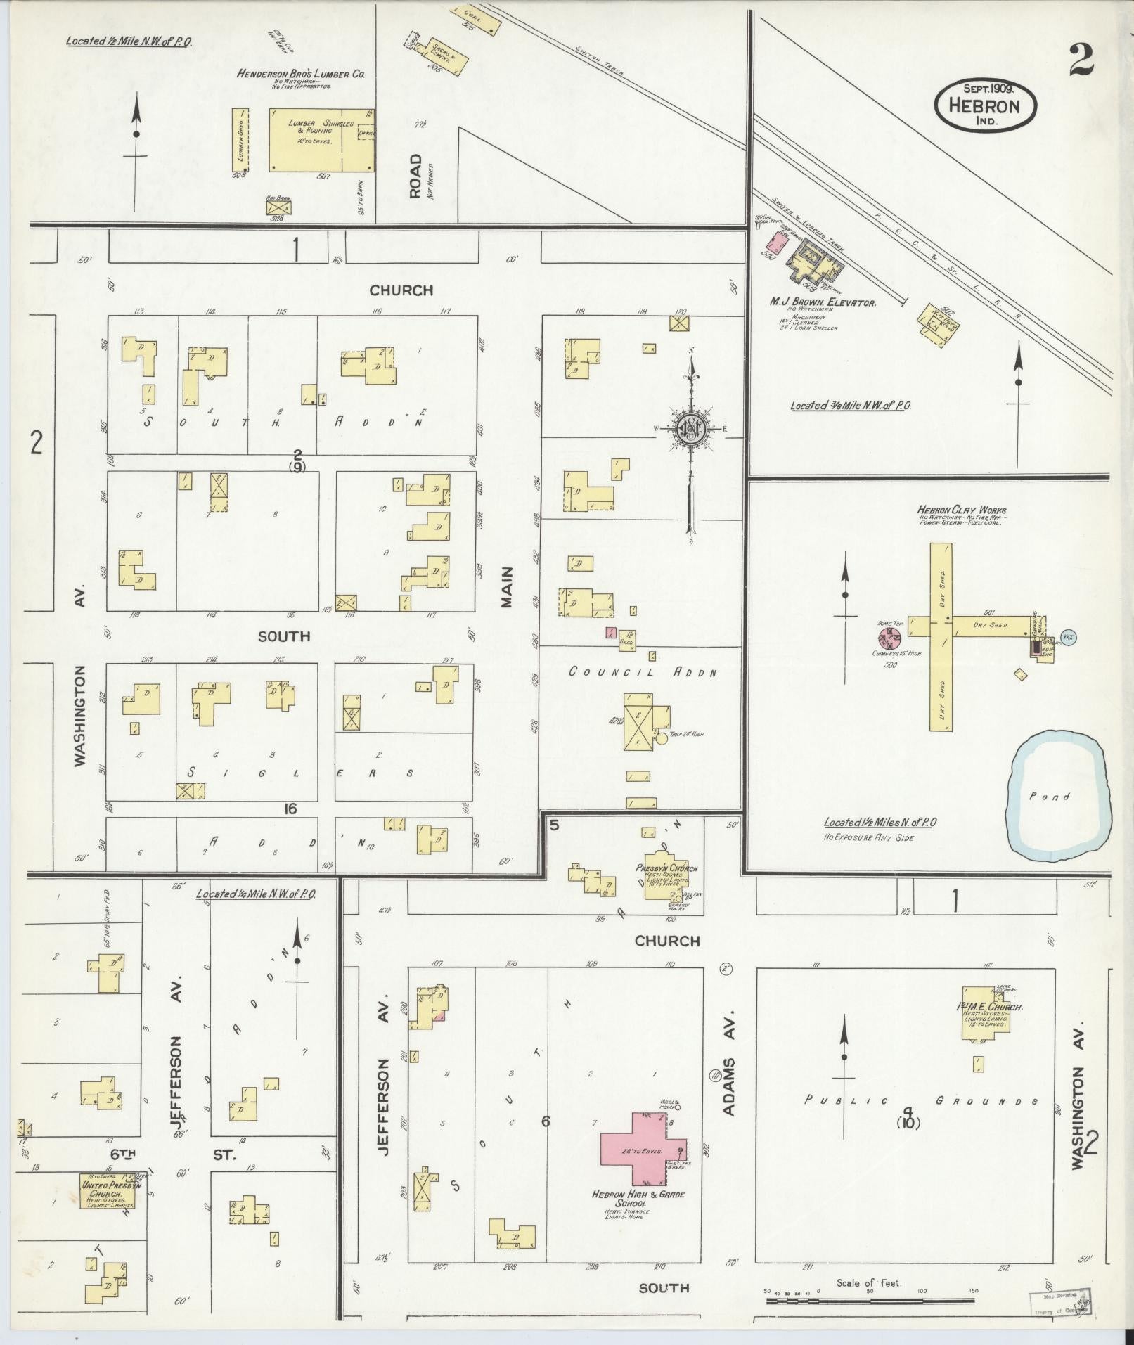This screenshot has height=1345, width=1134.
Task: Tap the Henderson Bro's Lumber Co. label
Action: pyautogui.click(x=300, y=74)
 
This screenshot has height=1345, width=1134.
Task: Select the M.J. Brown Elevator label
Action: pyautogui.click(x=822, y=302)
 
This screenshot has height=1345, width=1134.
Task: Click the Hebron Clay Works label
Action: pyautogui.click(x=961, y=510)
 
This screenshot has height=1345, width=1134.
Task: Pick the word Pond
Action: pyautogui.click(x=1050, y=797)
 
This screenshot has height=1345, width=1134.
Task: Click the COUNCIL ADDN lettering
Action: pyautogui.click(x=643, y=671)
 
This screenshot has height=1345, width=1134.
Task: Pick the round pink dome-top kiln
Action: pyautogui.click(x=890, y=638)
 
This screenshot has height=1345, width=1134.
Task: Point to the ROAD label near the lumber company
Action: pyautogui.click(x=415, y=176)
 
